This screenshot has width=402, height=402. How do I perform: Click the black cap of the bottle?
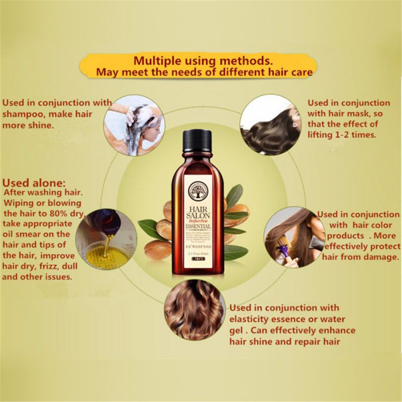[196, 143]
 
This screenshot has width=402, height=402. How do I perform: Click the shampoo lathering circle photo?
[133, 123]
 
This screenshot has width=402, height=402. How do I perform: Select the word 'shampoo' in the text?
[23, 114]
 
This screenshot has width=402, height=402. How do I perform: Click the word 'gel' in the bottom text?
[237, 330]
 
